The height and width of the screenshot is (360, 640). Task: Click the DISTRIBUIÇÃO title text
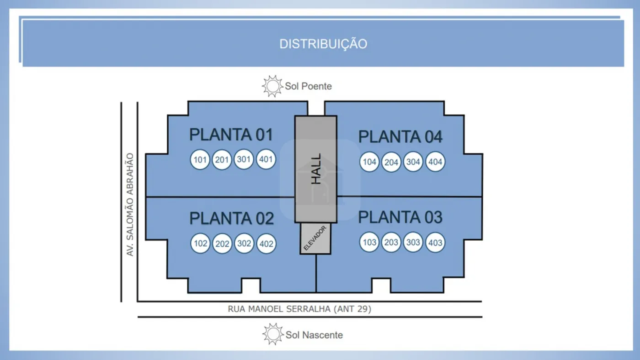pyautogui.click(x=323, y=44)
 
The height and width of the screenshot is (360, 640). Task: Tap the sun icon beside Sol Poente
pyautogui.click(x=273, y=86)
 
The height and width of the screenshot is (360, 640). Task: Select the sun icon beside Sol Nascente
pyautogui.click(x=273, y=334)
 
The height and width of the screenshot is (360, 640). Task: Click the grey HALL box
pyautogui.click(x=315, y=169)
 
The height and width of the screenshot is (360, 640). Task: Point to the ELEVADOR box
pyautogui.click(x=315, y=238)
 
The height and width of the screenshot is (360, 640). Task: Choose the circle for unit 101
pyautogui.click(x=200, y=160)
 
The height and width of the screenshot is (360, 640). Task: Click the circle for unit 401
pyautogui.click(x=266, y=160)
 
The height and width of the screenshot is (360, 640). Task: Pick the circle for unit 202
pyautogui.click(x=222, y=244)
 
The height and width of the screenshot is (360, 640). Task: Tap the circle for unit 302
pyautogui.click(x=244, y=243)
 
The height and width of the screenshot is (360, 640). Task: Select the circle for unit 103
pyautogui.click(x=369, y=242)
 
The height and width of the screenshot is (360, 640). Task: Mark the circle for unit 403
pyautogui.click(x=435, y=242)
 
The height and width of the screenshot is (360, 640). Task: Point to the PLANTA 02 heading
pyautogui.click(x=231, y=218)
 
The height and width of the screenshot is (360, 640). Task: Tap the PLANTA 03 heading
pyautogui.click(x=400, y=217)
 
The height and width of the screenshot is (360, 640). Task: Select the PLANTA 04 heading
pyautogui.click(x=400, y=137)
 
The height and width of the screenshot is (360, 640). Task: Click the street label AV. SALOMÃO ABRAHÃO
pyautogui.click(x=130, y=204)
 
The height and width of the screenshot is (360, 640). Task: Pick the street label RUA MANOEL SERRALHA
pyautogui.click(x=299, y=309)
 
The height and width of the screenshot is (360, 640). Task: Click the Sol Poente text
pyautogui.click(x=308, y=86)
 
